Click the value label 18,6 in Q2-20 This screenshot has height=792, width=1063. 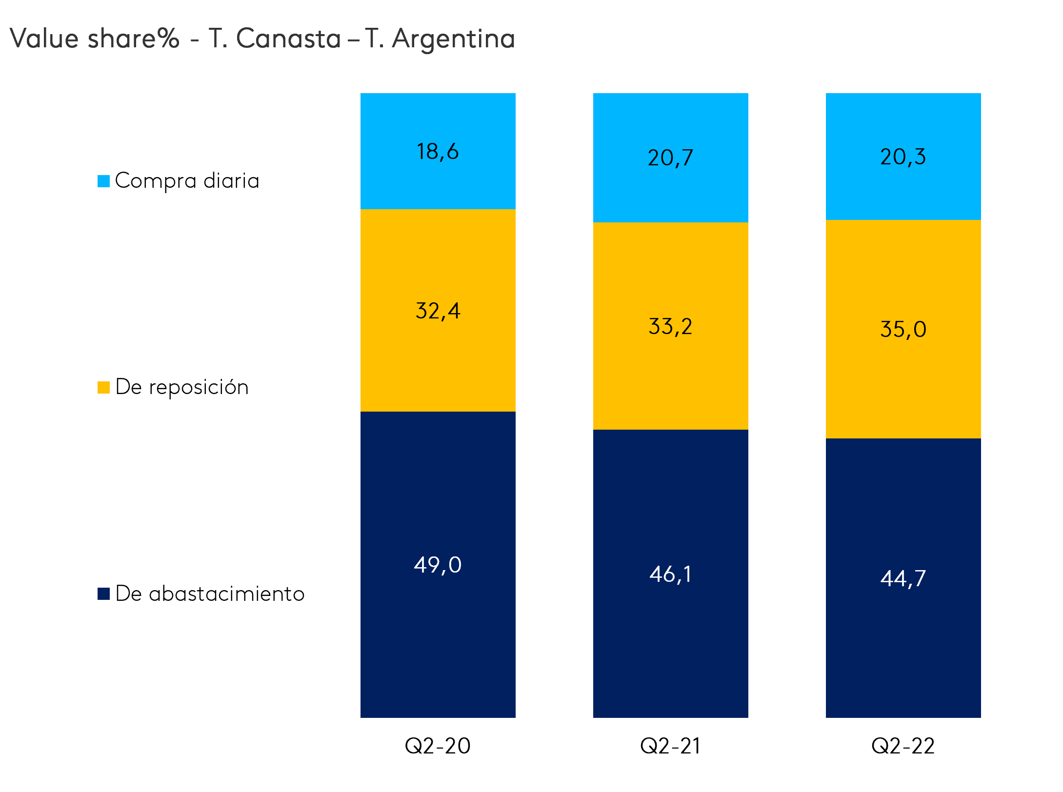point(438,152)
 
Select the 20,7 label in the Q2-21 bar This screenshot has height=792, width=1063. point(670,158)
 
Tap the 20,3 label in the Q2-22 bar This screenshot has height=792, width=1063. point(903,157)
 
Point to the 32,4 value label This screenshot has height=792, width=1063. point(438,311)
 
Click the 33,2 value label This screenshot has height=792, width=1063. point(670,326)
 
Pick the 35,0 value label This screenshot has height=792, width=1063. point(903,329)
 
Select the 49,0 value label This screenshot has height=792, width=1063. point(438,565)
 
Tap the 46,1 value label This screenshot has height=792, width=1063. point(670,574)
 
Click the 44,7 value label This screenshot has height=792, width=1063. point(903,579)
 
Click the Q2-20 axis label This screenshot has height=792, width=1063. point(438,746)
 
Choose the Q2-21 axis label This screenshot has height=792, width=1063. point(670,746)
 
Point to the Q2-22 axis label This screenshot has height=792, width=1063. point(903,746)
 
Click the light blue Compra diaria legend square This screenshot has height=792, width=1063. point(103,181)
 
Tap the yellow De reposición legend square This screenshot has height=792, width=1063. point(103,388)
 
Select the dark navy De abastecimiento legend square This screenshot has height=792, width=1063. point(103,594)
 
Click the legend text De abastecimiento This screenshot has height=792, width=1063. point(210,594)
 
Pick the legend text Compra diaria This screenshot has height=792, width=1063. point(187,181)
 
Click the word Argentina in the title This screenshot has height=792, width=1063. point(453,39)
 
